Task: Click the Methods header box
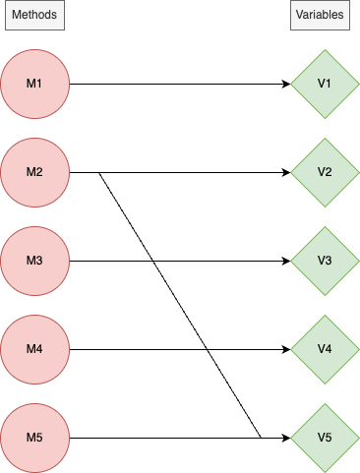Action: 34,16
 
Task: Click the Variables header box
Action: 320,16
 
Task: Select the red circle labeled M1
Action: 34,84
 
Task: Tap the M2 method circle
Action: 34,172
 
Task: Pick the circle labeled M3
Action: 34,261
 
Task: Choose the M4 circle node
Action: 34,349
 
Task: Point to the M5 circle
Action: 34,438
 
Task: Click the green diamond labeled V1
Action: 325,84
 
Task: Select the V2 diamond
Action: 325,172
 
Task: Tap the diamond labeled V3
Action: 325,261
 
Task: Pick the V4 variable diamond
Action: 325,349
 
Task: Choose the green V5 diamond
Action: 325,438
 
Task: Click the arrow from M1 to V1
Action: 177,84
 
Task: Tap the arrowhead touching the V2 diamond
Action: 286,172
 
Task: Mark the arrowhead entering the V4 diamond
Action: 286,349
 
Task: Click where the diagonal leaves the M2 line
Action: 99,173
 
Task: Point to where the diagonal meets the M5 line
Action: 260,438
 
